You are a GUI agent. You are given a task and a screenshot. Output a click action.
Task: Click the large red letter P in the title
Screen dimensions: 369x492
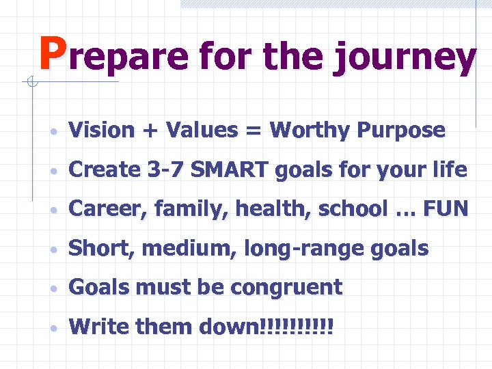[52, 54]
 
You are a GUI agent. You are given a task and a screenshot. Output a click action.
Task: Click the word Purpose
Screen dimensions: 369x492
[403, 131]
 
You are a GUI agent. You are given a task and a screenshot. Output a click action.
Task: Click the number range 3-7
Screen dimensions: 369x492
[164, 169]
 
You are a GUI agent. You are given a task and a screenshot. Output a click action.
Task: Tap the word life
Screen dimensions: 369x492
[452, 169]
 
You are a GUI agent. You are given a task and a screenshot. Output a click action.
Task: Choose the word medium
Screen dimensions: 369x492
[185, 249]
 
